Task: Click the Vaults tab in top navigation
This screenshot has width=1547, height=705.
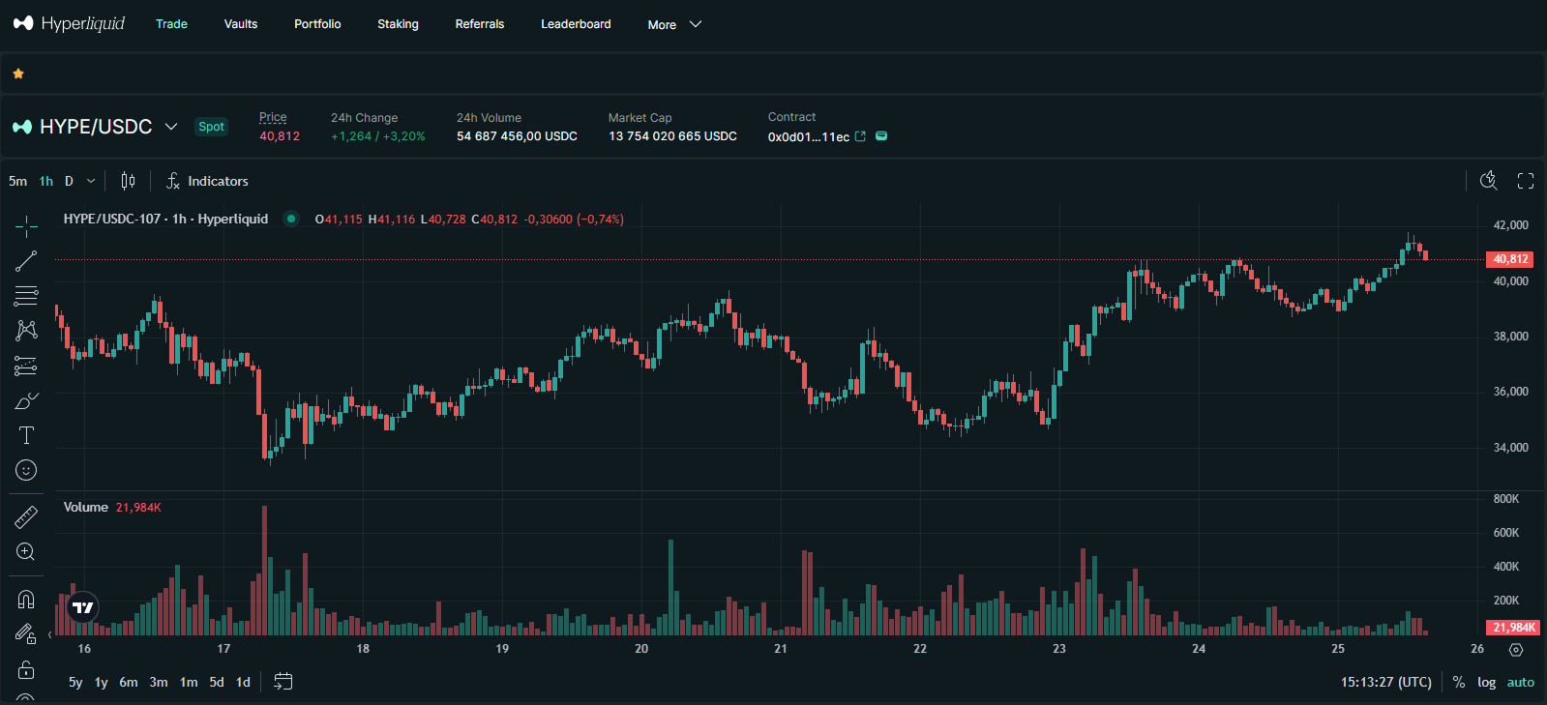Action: (x=240, y=24)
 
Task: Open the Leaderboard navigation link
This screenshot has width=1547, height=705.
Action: (x=576, y=24)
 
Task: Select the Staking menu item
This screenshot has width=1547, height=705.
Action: (x=398, y=24)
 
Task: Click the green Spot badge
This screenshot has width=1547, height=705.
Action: (x=211, y=127)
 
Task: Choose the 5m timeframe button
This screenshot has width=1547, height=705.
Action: (x=17, y=181)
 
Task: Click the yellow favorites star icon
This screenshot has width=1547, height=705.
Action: (x=18, y=73)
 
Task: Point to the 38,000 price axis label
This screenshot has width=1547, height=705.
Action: (x=1510, y=337)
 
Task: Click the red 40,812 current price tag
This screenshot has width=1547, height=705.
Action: (x=1510, y=259)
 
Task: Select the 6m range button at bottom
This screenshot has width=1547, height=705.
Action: (x=129, y=682)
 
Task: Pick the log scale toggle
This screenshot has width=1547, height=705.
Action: (x=1486, y=682)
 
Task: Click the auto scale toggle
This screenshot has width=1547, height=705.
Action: (x=1520, y=682)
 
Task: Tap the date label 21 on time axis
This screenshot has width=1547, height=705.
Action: (x=781, y=649)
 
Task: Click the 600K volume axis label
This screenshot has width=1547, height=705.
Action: (x=1505, y=533)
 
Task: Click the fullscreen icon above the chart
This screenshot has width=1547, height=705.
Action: (x=1526, y=181)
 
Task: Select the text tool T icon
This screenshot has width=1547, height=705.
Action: (x=26, y=435)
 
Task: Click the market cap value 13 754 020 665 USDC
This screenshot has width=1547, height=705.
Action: (x=672, y=136)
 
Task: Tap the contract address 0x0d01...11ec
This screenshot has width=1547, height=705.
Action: (x=808, y=137)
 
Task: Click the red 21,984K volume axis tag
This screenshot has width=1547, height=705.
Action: (x=1513, y=628)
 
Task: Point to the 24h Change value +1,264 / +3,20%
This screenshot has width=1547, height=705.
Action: (x=377, y=136)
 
